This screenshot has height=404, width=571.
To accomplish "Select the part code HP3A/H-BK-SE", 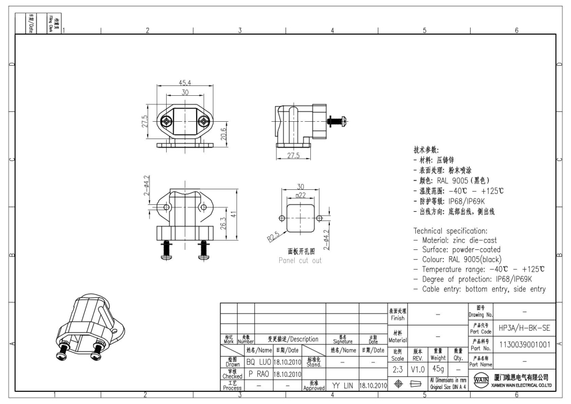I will pos(524,327).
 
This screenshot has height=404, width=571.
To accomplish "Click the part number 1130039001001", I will pos(524,345).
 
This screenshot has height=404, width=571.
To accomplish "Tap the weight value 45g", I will pos(438,368).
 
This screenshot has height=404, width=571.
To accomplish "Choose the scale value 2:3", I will pos(398,368).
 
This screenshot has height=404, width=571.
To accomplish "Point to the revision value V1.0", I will pos(418,368).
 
